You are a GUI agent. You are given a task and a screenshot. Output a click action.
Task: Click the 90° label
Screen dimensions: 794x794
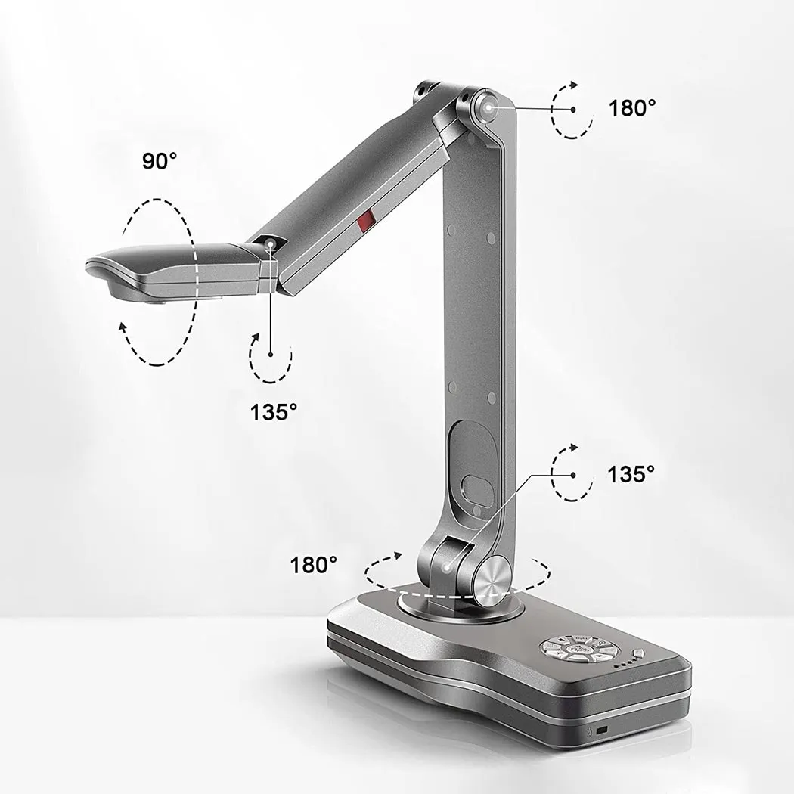point(160,160)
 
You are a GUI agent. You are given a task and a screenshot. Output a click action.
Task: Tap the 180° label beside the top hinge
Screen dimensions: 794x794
point(632,108)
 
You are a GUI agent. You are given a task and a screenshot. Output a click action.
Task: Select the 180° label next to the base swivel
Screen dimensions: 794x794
point(314,565)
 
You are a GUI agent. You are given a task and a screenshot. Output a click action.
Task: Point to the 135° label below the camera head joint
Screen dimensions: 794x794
point(274,412)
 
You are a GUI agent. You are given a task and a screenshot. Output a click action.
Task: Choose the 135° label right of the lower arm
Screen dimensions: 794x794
point(631,474)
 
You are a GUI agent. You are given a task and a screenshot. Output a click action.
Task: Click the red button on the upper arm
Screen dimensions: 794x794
point(364,221)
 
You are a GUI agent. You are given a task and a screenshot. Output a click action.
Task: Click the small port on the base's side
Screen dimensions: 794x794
point(602,731)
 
